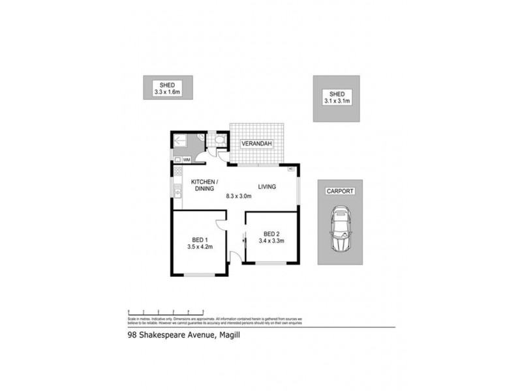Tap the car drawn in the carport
tap(339, 229)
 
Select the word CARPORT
tap(339, 192)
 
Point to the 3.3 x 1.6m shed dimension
tap(162, 93)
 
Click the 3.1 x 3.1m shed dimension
tap(337, 101)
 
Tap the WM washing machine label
tap(187, 160)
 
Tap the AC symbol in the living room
tap(290, 169)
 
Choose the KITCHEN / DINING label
tap(204, 184)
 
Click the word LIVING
tap(267, 186)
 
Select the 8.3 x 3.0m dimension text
tap(238, 195)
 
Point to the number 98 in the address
tap(132, 337)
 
